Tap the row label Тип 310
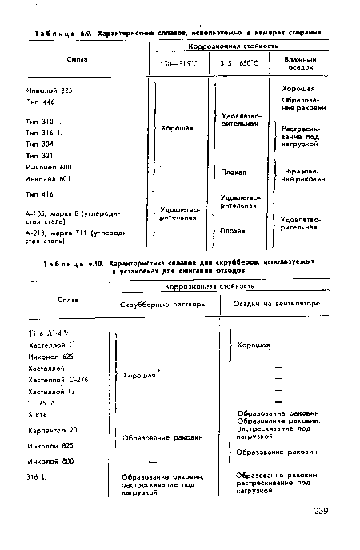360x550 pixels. point(37,121)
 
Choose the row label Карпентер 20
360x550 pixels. point(46,430)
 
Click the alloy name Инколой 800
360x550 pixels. point(46,461)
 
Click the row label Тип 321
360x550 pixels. point(37,155)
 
